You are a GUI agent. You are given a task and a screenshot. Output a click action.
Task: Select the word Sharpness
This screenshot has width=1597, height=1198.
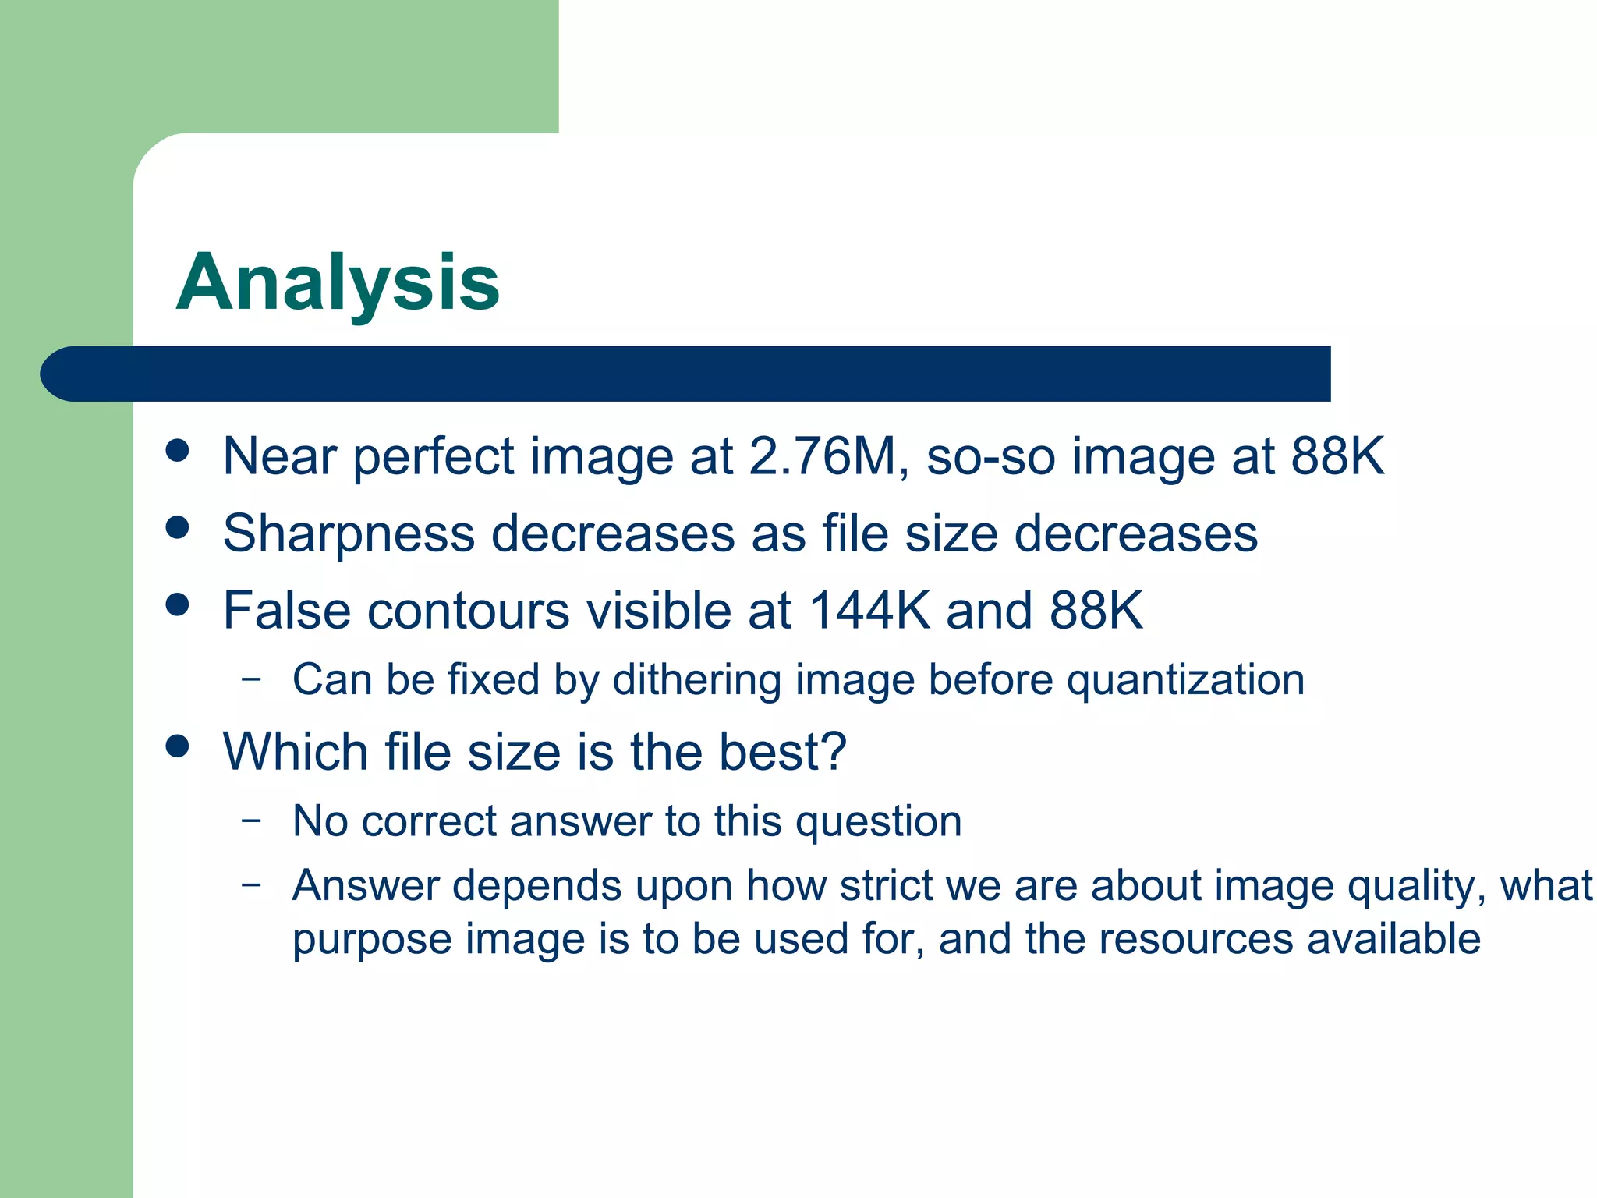(x=349, y=534)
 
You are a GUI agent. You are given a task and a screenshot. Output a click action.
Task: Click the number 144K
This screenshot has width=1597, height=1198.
(x=869, y=611)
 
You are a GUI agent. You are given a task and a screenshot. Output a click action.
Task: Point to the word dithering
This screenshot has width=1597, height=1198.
(x=696, y=680)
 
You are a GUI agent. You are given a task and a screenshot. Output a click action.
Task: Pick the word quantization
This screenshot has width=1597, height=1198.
(x=1185, y=680)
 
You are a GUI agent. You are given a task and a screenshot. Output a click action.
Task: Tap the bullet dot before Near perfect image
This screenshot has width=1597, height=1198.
(x=178, y=451)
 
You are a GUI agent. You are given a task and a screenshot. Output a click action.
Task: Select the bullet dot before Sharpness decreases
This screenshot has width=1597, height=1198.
(x=178, y=528)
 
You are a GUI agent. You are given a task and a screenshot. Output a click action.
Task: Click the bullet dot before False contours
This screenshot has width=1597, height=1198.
(x=178, y=605)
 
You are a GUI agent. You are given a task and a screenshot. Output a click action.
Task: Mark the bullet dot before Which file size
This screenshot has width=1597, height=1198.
(x=178, y=746)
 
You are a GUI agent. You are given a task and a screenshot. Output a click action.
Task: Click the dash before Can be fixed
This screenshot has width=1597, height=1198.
(x=251, y=678)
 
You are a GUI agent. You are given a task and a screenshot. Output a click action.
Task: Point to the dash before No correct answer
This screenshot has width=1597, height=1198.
(x=251, y=820)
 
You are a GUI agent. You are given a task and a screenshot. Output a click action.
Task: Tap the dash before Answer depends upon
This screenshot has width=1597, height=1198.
(x=251, y=884)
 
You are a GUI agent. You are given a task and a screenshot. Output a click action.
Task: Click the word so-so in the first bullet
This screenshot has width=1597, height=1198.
(x=990, y=456)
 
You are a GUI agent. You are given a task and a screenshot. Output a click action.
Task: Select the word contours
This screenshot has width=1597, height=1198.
(x=469, y=611)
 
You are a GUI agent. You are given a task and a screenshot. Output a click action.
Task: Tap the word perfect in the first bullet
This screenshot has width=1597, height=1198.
(x=434, y=456)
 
